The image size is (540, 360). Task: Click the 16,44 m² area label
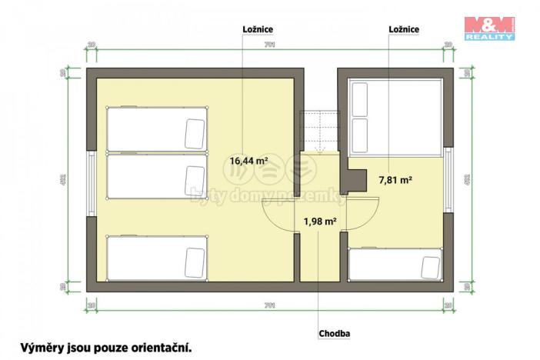pos(248,162)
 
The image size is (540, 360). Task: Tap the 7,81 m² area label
pos(395,180)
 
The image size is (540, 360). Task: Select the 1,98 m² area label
pos(320,222)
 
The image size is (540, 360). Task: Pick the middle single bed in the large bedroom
pos(157,178)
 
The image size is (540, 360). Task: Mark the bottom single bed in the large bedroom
pos(157,259)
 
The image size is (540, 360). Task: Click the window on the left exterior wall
pos(92,180)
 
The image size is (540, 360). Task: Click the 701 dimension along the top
pos(269,45)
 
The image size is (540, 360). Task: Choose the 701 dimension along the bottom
pos(269,306)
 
